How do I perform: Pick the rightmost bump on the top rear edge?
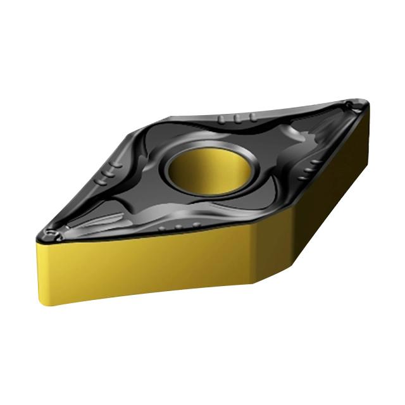point(252,118)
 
